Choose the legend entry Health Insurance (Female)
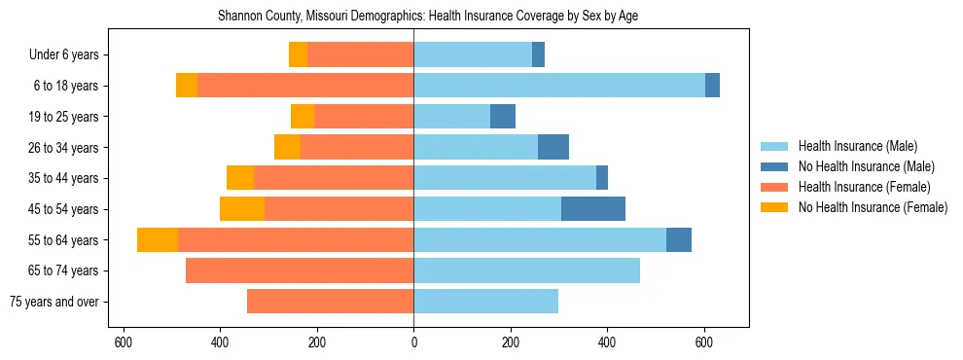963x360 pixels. pyautogui.click(x=857, y=187)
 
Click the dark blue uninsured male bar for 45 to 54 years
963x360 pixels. pyautogui.click(x=593, y=209)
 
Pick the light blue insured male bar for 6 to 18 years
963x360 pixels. pyautogui.click(x=559, y=86)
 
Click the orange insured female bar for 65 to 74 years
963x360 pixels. pyautogui.click(x=300, y=270)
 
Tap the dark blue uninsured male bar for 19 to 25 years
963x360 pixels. pyautogui.click(x=503, y=117)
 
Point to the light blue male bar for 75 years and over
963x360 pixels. pyautogui.click(x=486, y=302)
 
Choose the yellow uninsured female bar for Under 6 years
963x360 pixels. pyautogui.click(x=298, y=55)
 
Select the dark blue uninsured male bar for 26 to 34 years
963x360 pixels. pyautogui.click(x=553, y=148)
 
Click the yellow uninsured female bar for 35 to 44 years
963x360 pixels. pyautogui.click(x=240, y=178)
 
